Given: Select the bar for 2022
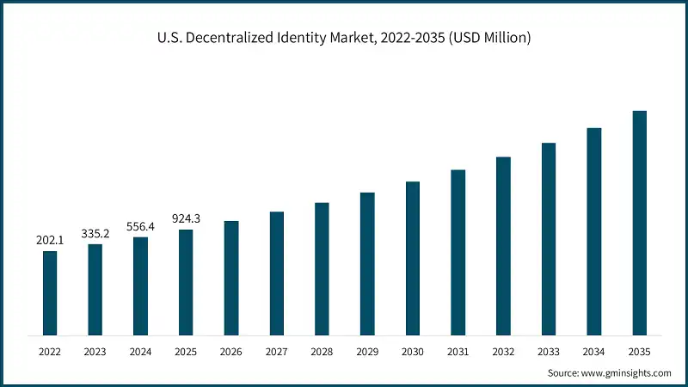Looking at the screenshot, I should pyautogui.click(x=50, y=292).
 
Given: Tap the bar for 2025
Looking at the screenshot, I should pyautogui.click(x=186, y=282).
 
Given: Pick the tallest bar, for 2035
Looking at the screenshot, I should pyautogui.click(x=639, y=223).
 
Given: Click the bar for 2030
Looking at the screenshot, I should pyautogui.click(x=413, y=258).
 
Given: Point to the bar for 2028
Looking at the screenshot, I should pyautogui.click(x=322, y=268).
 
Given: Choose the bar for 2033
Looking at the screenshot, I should pyautogui.click(x=549, y=238).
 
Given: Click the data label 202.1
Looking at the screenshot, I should pyautogui.click(x=50, y=241).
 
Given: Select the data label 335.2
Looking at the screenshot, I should pyautogui.click(x=95, y=234).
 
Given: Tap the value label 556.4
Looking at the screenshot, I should pyautogui.click(x=140, y=226).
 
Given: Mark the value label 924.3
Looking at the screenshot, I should pyautogui.click(x=186, y=219).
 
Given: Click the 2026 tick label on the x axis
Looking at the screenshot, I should pyautogui.click(x=231, y=352).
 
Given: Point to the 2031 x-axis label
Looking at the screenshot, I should pyautogui.click(x=458, y=352).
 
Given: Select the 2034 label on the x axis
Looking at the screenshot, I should pyautogui.click(x=593, y=352).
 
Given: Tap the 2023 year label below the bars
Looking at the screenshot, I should pyautogui.click(x=95, y=352).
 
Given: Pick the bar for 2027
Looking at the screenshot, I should pyautogui.click(x=276, y=273).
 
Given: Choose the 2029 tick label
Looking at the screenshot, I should pyautogui.click(x=367, y=352).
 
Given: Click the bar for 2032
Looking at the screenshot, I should pyautogui.click(x=503, y=246).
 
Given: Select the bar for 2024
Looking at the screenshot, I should pyautogui.click(x=140, y=286).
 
